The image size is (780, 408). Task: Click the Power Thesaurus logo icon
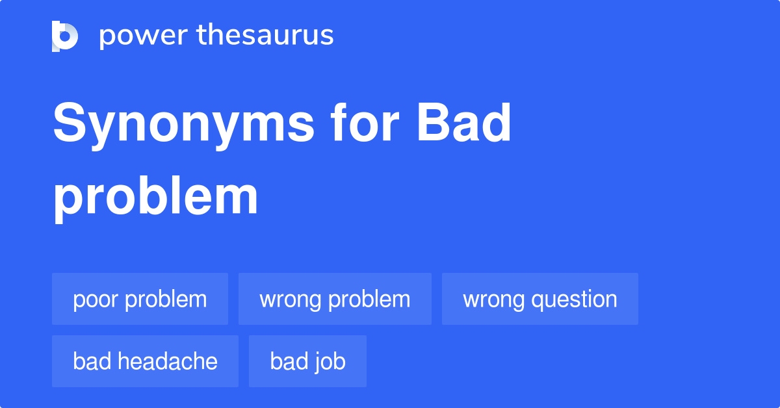click(65, 36)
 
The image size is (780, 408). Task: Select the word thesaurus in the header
click(265, 35)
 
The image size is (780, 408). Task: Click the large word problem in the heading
click(155, 198)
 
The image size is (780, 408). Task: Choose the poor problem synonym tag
click(140, 299)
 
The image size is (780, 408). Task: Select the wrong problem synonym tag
click(335, 299)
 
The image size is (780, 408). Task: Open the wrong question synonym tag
click(539, 299)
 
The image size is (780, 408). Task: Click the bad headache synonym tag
click(145, 361)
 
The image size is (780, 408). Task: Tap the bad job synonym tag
click(307, 361)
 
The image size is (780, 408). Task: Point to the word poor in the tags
click(96, 300)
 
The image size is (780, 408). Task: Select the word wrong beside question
click(493, 300)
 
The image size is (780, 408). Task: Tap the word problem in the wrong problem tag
click(369, 300)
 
